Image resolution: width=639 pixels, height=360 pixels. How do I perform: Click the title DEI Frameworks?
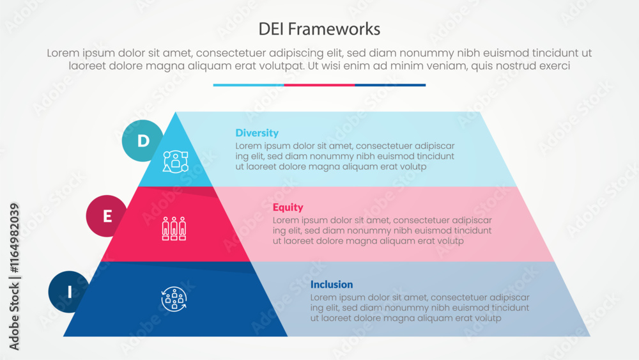pos(319,29)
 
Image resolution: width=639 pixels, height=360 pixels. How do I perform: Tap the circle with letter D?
pos(142,140)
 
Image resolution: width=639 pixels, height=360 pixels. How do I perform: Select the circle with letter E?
pos(107,216)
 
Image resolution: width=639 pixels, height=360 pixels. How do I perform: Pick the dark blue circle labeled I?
pos(69,292)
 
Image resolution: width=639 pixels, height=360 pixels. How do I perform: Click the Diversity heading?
pos(257,133)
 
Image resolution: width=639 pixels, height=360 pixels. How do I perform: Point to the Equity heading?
pos(288,207)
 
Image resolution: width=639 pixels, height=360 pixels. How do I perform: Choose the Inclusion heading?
pos(332,285)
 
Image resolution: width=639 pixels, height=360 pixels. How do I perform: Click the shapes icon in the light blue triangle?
pos(175,160)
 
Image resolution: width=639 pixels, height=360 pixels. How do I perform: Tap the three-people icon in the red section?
pos(174,229)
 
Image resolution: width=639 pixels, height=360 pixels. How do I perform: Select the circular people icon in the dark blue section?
pos(174,299)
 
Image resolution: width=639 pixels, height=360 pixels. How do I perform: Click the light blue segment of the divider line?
pos(249,84)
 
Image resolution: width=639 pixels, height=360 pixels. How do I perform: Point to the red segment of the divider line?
pos(319,84)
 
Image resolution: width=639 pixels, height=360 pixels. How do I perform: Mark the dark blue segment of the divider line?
pos(390,84)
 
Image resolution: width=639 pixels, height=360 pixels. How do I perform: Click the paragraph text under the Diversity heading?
pos(345,156)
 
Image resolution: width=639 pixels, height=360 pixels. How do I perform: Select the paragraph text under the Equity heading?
pos(382,230)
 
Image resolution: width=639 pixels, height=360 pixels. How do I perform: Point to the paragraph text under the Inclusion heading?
pos(420,308)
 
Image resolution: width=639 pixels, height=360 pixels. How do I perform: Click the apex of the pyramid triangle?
pos(176,114)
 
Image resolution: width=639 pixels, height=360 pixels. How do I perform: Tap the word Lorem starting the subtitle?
pos(63,54)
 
